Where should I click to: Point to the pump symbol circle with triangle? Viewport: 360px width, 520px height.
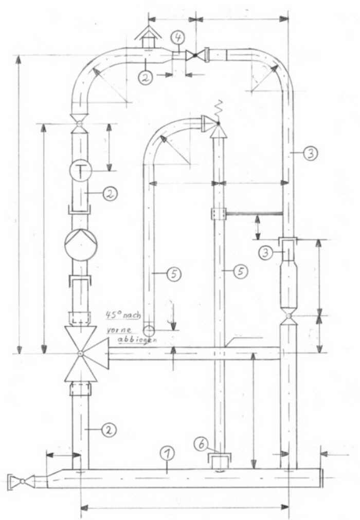click(80, 245)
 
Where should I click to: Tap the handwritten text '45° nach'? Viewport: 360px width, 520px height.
click(120, 314)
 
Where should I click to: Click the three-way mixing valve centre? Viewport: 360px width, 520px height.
click(80, 354)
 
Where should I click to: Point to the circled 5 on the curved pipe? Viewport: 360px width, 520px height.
click(174, 274)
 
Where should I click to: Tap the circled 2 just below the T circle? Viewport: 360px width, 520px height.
click(110, 194)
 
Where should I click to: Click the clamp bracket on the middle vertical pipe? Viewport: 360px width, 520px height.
click(218, 213)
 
